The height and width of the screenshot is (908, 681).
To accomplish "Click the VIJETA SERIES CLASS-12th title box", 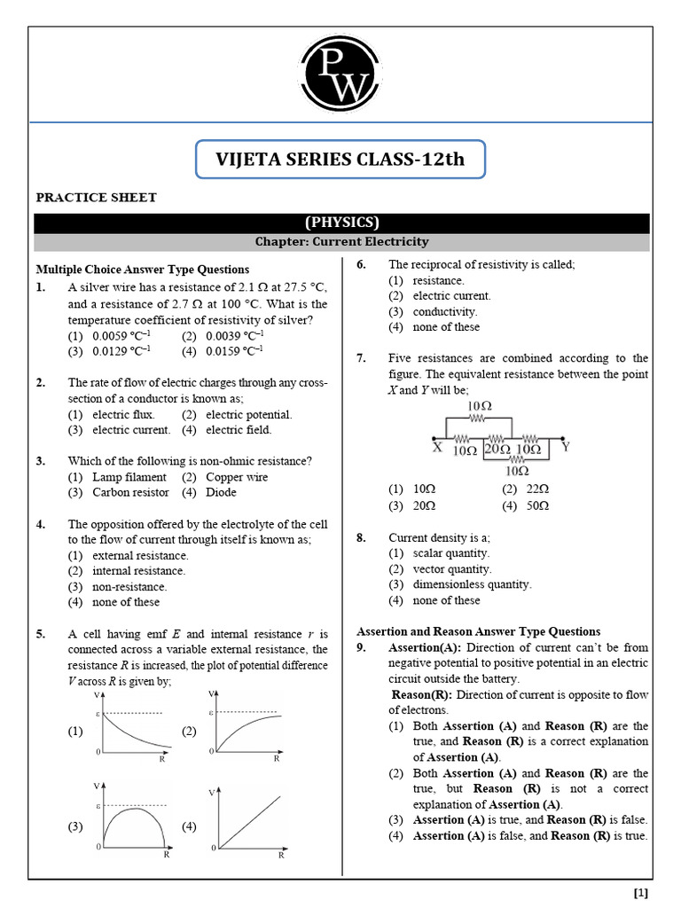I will coord(340,160).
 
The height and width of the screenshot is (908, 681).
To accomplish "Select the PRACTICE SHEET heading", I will coord(96,198).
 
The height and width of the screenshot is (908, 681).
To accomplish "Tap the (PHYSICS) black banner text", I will coord(341,223).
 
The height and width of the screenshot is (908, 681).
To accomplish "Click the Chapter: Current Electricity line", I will coord(341,241).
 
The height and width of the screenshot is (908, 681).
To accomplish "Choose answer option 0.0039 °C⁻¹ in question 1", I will coord(233,336).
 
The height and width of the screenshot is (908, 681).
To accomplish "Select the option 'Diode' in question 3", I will coord(221,492).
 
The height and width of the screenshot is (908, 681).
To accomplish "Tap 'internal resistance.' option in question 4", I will coord(138,571).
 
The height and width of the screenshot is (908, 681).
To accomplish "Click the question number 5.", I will coord(41,634).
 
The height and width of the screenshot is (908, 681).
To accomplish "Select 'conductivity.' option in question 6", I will coord(445,312).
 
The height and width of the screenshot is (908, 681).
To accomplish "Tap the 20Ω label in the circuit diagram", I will coord(497,450).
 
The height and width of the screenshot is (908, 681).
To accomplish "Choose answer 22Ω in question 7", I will coord(537,489).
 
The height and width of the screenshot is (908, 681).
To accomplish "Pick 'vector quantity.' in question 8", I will coord(452,569).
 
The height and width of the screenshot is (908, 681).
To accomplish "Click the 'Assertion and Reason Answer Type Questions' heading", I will coord(478,632).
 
